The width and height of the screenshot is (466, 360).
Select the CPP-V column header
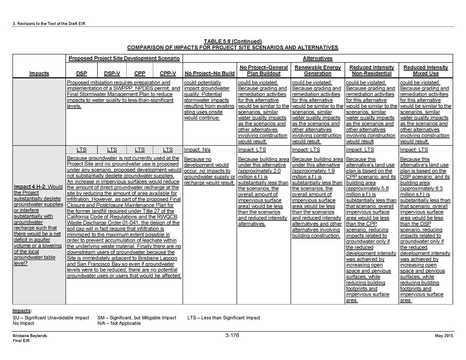coord(168,74)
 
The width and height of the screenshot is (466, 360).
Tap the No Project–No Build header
coord(209,74)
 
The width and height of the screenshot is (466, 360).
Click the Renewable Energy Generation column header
coord(317,70)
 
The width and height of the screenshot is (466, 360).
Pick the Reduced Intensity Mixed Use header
coord(426,70)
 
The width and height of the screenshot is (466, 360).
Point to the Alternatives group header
coord(317,58)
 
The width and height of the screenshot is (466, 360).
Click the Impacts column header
coord(39,74)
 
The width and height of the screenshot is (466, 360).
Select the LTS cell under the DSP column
coord(82,150)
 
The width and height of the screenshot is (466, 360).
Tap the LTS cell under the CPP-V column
coord(168,150)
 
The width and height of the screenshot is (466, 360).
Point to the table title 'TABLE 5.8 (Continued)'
coord(233,41)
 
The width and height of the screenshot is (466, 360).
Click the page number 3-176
coord(232,335)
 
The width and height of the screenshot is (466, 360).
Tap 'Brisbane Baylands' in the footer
coord(30,336)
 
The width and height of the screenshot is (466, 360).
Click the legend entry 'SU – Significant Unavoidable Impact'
coord(51,318)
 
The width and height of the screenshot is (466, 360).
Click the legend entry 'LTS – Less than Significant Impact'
coord(223,318)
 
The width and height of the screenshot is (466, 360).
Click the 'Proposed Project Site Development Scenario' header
coord(124,58)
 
